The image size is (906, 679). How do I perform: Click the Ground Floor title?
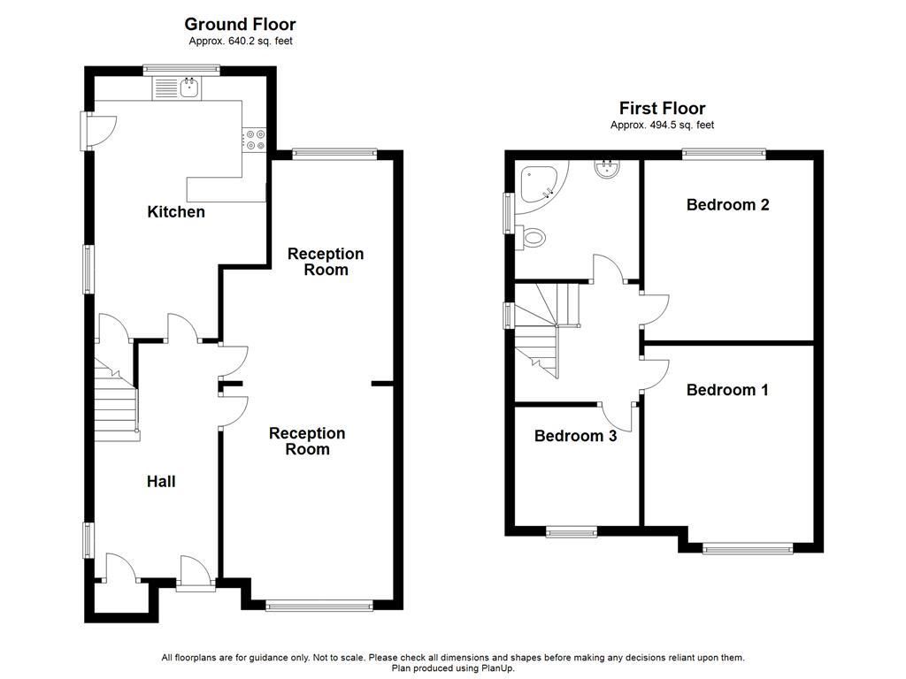[x=240, y=25]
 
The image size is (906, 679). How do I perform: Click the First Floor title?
[x=662, y=109]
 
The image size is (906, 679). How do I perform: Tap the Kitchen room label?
[x=176, y=212]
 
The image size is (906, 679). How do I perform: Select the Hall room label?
[x=161, y=482]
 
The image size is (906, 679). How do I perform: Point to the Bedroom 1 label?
[x=727, y=390]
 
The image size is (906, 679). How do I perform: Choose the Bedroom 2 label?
[x=727, y=205]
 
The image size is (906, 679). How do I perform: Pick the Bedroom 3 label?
[x=575, y=436]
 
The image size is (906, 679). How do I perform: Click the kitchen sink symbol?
[x=188, y=87]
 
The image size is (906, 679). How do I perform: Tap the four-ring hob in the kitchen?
[x=255, y=140]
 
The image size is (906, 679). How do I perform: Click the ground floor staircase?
[x=116, y=402]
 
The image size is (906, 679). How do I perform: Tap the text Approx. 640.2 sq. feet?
[x=240, y=42]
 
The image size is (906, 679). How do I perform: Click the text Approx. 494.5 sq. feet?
[x=662, y=126]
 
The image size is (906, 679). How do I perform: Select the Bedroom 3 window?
[x=571, y=531]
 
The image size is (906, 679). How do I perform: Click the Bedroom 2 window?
[x=725, y=155]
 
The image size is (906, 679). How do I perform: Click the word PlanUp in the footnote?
[x=497, y=668]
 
